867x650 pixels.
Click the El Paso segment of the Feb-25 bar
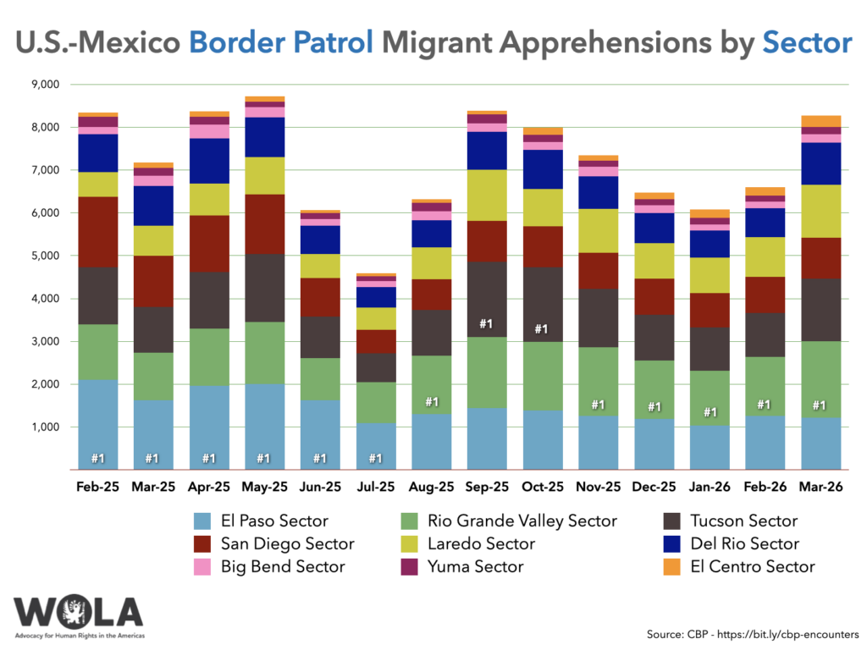[97, 423]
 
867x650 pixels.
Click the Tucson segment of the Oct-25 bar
[540, 304]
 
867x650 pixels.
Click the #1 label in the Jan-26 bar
[709, 412]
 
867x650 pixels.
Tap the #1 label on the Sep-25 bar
[486, 323]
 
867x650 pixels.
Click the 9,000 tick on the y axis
[43, 85]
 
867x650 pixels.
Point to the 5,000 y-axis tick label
[43, 256]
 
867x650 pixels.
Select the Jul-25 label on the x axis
[375, 488]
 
